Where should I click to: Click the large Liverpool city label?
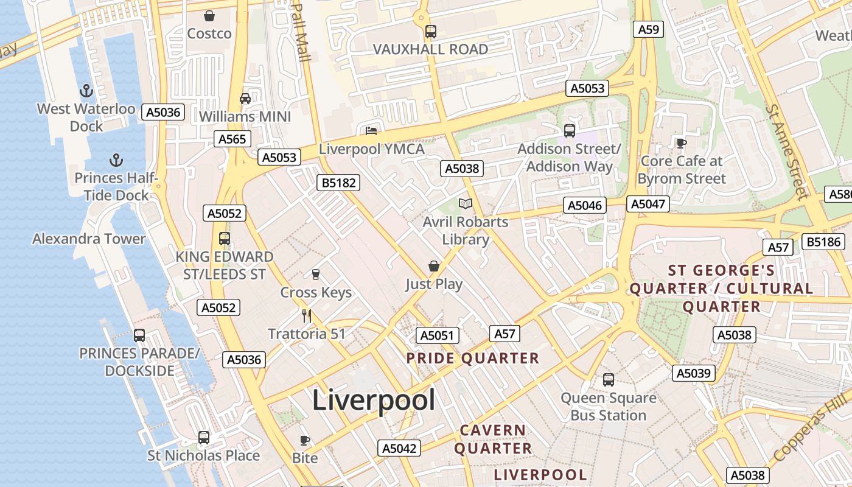[374, 401]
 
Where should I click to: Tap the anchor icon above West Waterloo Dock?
[86, 91]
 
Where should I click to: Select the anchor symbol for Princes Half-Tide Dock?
[116, 161]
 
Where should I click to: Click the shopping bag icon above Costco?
[209, 16]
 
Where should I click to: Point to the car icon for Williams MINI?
[245, 99]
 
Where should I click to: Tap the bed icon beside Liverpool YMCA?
[371, 130]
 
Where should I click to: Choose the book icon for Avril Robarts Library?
[466, 203]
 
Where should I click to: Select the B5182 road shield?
[338, 183]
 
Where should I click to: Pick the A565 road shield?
[232, 139]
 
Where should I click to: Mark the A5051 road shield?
[438, 335]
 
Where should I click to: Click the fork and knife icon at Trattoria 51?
[307, 315]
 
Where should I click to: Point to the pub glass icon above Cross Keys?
[316, 275]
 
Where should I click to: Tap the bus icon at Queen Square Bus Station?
[608, 380]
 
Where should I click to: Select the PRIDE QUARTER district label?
[473, 358]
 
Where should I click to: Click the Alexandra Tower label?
[89, 239]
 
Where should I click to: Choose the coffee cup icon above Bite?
[305, 440]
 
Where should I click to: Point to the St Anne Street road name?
[789, 152]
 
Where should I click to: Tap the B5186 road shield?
[823, 242]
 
